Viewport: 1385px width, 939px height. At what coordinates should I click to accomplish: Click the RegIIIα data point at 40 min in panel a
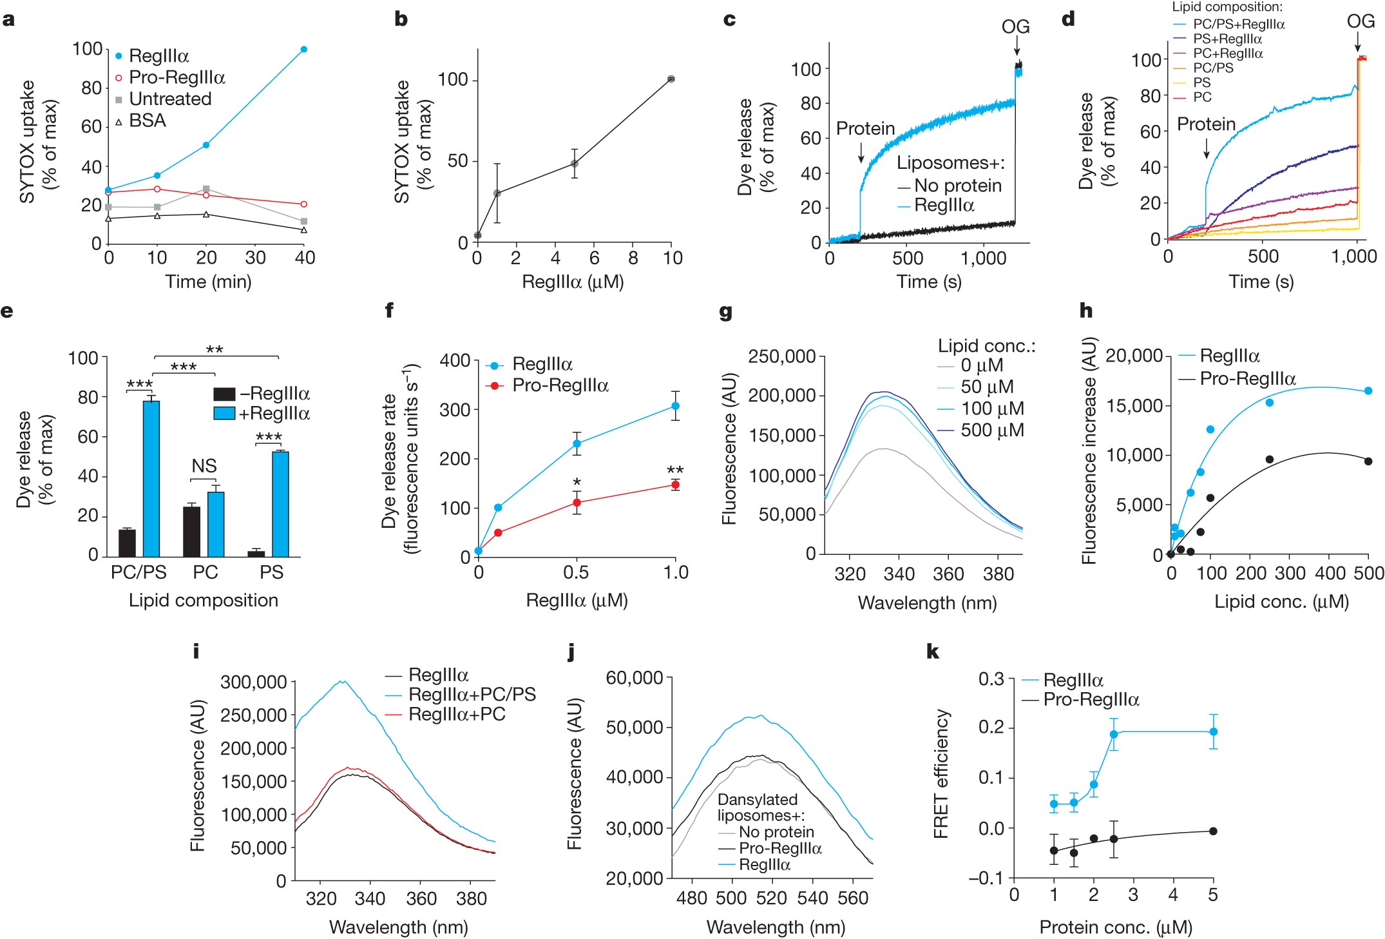click(304, 49)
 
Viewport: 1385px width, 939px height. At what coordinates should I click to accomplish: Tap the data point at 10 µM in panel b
click(671, 79)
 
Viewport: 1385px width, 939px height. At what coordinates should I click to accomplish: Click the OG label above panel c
click(1015, 26)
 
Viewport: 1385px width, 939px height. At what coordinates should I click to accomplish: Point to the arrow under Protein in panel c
click(861, 152)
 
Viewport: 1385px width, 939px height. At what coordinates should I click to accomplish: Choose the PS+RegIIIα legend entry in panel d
click(1227, 39)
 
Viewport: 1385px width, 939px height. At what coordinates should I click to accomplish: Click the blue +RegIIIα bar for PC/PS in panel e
click(151, 478)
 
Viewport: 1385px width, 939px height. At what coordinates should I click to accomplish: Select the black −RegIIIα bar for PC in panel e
click(191, 531)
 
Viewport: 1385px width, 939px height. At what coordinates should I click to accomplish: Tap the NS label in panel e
click(204, 465)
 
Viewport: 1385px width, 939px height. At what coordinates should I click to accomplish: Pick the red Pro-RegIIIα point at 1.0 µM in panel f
click(675, 485)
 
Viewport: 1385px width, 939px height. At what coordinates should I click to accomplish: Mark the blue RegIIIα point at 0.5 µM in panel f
click(577, 443)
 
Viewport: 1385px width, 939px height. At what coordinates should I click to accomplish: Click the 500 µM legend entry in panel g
click(992, 431)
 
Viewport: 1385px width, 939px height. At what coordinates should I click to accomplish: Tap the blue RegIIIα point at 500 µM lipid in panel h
click(1368, 391)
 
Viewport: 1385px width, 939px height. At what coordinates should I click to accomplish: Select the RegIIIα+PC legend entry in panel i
click(457, 714)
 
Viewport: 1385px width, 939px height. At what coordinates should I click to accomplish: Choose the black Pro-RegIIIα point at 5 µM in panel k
click(1213, 831)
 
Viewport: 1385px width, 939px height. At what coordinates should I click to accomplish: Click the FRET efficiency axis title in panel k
click(942, 773)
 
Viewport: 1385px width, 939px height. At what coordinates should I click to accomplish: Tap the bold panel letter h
click(1086, 311)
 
